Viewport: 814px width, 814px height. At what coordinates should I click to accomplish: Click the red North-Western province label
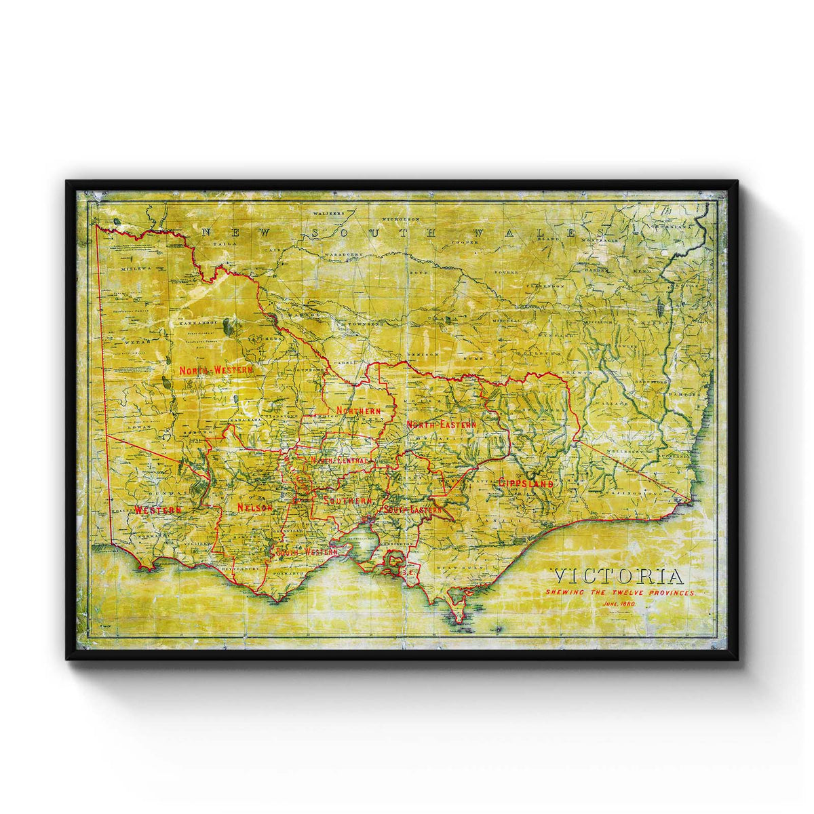pyautogui.click(x=215, y=370)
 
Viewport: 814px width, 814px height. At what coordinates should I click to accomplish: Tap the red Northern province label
pyautogui.click(x=357, y=411)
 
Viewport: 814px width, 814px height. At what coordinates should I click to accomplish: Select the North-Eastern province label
pyautogui.click(x=441, y=424)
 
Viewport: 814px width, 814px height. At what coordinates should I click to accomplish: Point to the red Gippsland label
pyautogui.click(x=526, y=483)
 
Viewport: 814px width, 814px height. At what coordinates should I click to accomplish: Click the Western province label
pyautogui.click(x=158, y=509)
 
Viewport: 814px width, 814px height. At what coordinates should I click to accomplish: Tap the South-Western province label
pyautogui.click(x=307, y=552)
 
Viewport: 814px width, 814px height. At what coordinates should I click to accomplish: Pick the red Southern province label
pyautogui.click(x=348, y=501)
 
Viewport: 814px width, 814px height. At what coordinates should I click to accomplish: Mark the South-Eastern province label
pyautogui.click(x=413, y=508)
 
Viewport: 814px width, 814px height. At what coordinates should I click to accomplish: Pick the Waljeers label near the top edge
pyautogui.click(x=328, y=212)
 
